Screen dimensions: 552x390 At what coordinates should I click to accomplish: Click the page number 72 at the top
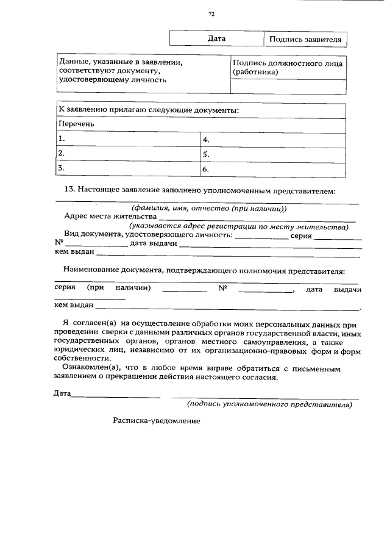tap(210, 13)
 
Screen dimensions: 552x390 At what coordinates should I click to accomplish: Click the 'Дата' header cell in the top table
tap(216, 38)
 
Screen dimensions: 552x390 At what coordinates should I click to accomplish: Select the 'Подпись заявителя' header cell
tap(305, 39)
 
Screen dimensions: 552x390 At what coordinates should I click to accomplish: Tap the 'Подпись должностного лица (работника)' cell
tap(288, 67)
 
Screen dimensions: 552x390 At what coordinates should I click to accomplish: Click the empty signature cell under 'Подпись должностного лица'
tap(288, 87)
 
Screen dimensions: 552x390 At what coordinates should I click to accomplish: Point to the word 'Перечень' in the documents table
tap(77, 124)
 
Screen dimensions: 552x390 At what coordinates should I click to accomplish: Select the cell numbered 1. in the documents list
tap(128, 138)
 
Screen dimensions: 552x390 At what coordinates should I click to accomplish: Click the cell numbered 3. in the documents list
tap(128, 168)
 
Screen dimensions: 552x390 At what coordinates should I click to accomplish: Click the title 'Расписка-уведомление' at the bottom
tap(157, 420)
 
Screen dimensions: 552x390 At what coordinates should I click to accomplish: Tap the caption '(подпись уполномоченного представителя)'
tap(269, 404)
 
